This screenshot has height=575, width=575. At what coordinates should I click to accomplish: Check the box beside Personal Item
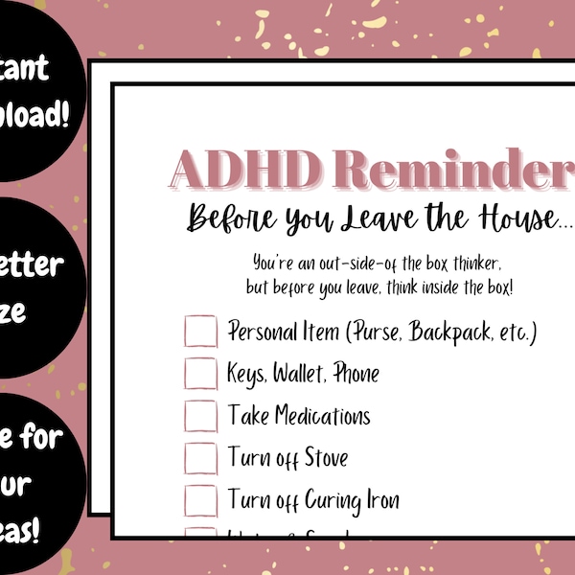201,332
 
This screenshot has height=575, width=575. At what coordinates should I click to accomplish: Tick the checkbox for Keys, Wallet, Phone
201,374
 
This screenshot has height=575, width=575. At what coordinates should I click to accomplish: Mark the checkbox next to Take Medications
201,416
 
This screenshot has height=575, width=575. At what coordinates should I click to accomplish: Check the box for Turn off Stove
201,457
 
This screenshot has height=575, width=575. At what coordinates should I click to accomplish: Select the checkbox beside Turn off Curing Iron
201,499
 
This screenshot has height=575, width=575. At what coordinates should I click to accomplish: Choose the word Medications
321,416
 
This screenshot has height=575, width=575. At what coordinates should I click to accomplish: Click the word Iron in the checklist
379,499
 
